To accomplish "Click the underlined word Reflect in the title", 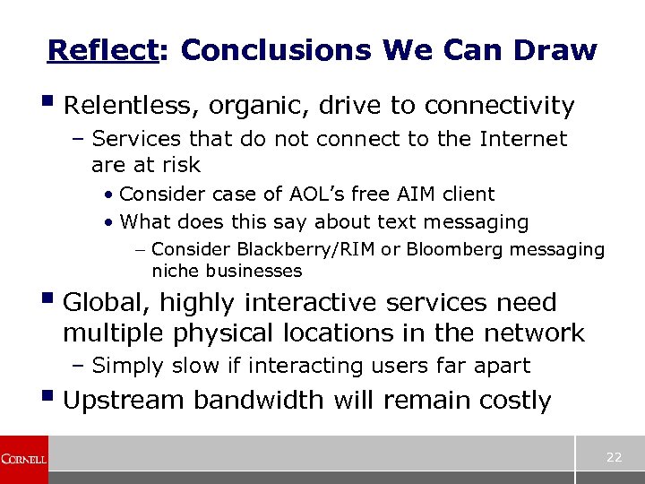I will (x=102, y=50).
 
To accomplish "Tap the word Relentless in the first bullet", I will (x=133, y=107).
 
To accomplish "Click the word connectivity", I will (x=499, y=107).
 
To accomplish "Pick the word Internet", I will (x=523, y=139).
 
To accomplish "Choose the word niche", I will (x=176, y=271).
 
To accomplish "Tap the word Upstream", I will (x=125, y=400).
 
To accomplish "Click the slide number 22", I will (x=614, y=457).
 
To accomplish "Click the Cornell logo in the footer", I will (x=23, y=459).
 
